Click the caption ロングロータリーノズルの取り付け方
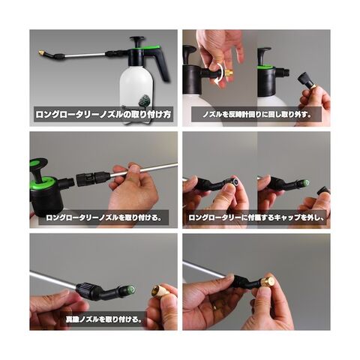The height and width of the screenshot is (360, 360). [x=103, y=115]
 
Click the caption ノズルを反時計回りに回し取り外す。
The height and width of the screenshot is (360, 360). [x=256, y=115]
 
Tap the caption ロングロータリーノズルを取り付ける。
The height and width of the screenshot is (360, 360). [x=103, y=217]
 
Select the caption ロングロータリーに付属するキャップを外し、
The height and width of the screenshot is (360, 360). [x=256, y=217]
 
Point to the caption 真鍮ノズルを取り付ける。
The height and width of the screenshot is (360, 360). [x=103, y=319]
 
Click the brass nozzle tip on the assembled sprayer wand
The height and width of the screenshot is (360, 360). [x=42, y=53]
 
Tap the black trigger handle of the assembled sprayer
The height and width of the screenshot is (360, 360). [x=160, y=64]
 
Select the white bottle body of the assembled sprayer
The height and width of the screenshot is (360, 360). [x=136, y=88]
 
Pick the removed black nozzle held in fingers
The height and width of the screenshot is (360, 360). [x=307, y=80]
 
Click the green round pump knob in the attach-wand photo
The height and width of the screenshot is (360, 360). [x=38, y=163]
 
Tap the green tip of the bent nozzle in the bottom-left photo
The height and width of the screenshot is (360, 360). [x=130, y=289]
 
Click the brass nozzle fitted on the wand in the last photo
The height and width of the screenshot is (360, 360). [x=267, y=281]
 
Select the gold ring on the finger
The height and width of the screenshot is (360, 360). [x=215, y=306]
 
